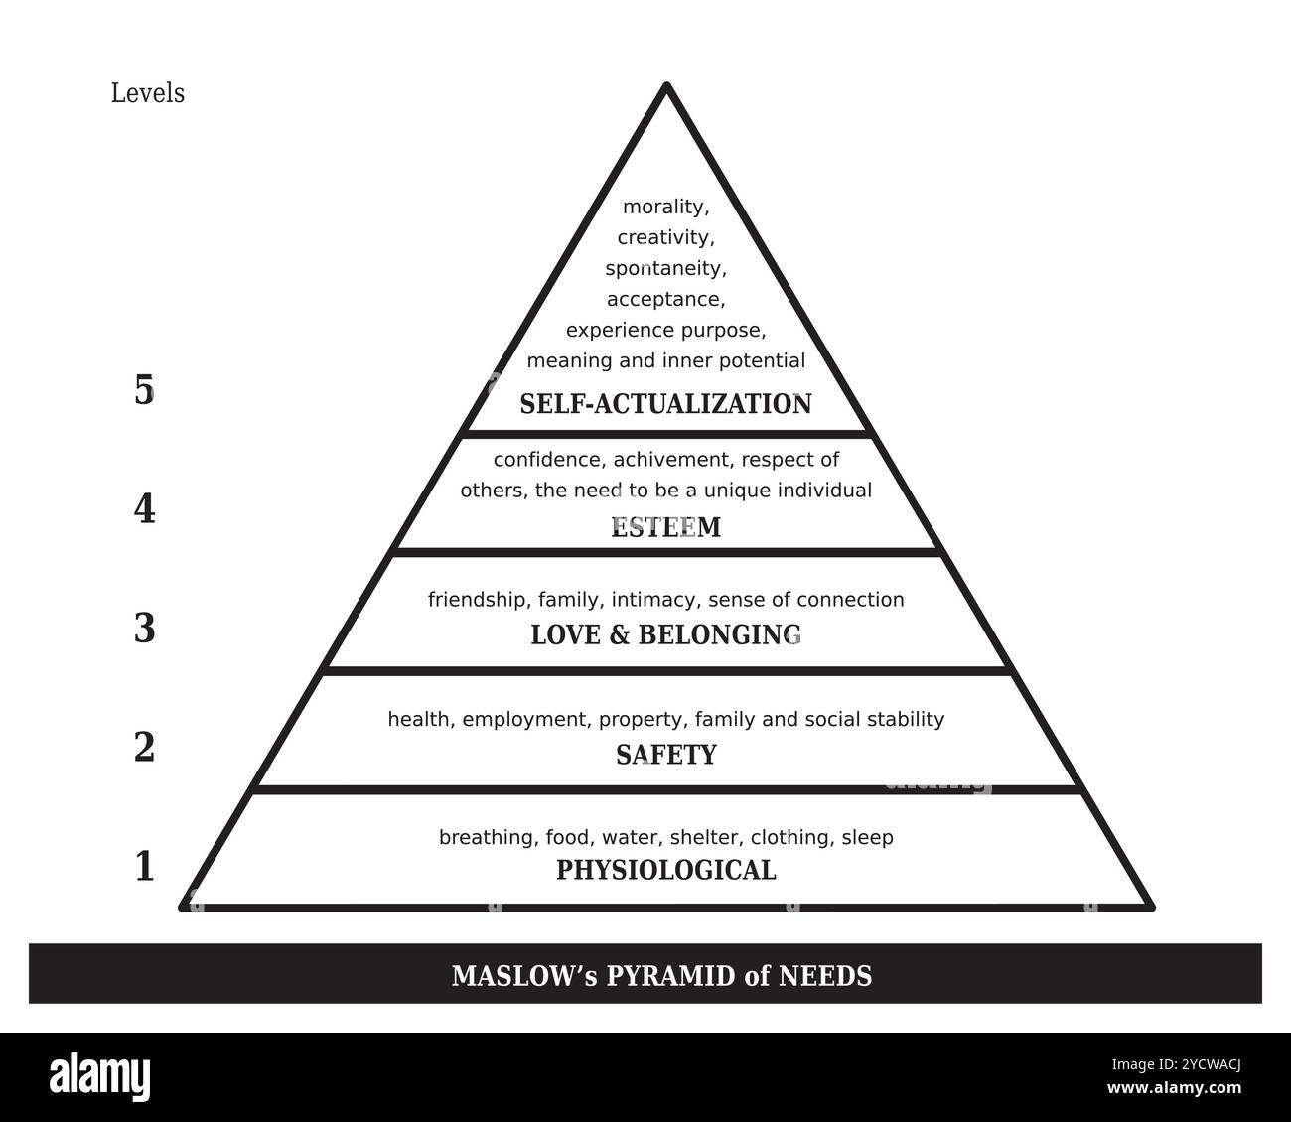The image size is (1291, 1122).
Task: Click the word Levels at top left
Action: [x=147, y=93]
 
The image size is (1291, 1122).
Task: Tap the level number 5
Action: [x=144, y=390]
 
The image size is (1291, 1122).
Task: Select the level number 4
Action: [x=144, y=509]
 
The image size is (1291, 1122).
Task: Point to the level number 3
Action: [x=144, y=629]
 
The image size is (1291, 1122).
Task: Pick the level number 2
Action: [x=144, y=747]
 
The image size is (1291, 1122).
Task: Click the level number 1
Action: [x=144, y=866]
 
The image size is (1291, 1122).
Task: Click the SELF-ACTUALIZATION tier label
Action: [x=665, y=404]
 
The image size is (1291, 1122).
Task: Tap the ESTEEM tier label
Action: [x=665, y=527]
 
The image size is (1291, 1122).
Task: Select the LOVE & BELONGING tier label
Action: [x=665, y=634]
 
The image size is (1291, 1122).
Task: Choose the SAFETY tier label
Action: [x=665, y=755]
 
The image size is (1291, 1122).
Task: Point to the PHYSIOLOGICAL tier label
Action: [x=665, y=870]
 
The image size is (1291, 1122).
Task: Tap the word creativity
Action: [x=664, y=238]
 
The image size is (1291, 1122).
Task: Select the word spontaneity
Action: [x=664, y=269]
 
